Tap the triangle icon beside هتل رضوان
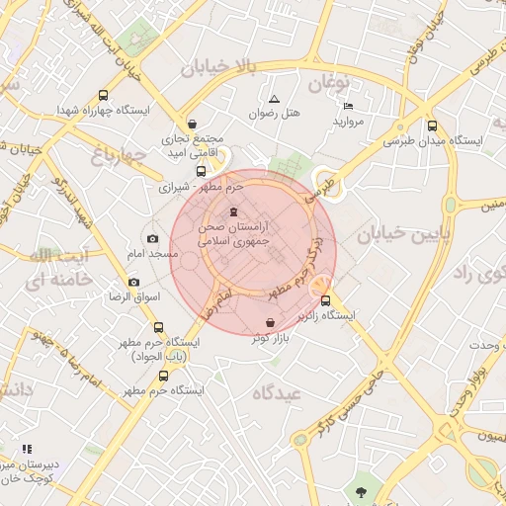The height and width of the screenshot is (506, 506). click(274, 99)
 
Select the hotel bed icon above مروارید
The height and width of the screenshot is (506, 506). click(347, 106)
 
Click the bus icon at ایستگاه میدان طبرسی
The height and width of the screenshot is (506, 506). click(432, 126)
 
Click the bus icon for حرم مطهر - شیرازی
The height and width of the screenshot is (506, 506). click(202, 170)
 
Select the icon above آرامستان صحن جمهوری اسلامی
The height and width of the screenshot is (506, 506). click(233, 211)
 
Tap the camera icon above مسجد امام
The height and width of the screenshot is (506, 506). click(151, 238)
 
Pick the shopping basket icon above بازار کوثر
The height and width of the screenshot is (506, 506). click(271, 323)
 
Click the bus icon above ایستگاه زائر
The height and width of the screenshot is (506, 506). click(326, 300)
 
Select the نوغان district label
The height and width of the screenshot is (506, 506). click(329, 84)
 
